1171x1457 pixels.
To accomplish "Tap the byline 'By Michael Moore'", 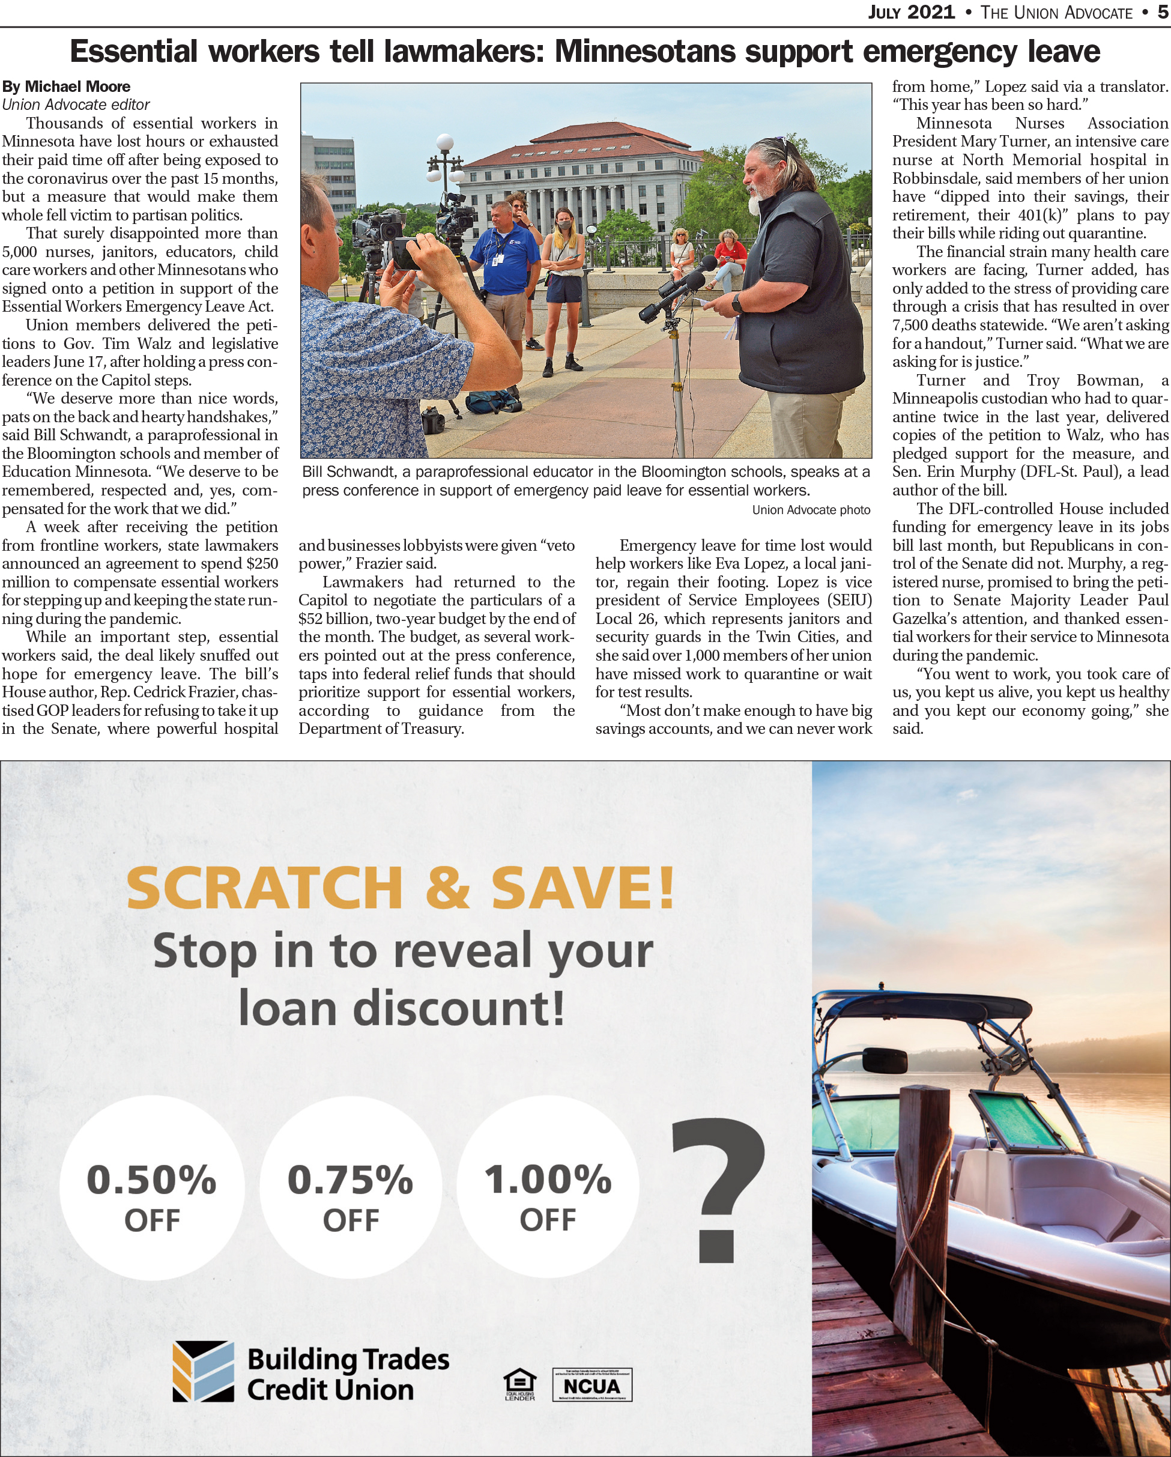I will pos(66,86).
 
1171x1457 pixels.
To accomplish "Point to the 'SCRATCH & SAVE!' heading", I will pos(401,887).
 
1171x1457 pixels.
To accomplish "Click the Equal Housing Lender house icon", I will pos(519,1383).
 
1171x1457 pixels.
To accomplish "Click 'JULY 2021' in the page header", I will pos(911,12).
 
